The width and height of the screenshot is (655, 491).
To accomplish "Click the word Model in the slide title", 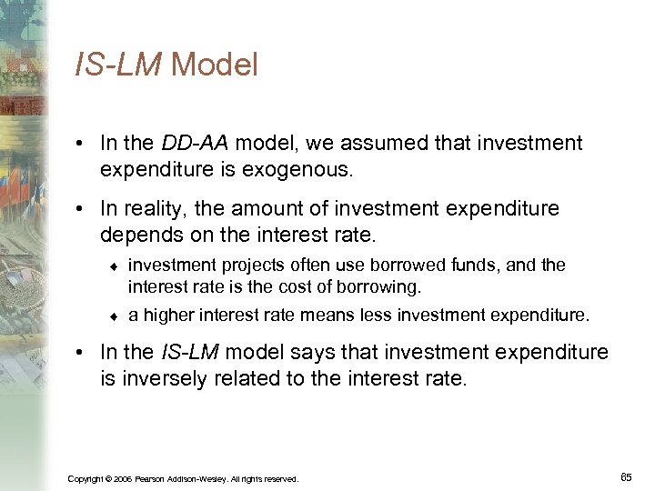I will click(x=214, y=65).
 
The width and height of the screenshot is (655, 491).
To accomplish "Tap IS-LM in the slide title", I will click(x=119, y=65).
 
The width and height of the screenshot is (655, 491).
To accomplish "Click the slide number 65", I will click(x=625, y=476).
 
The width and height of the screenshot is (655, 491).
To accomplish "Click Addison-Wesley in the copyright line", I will click(x=196, y=478).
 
